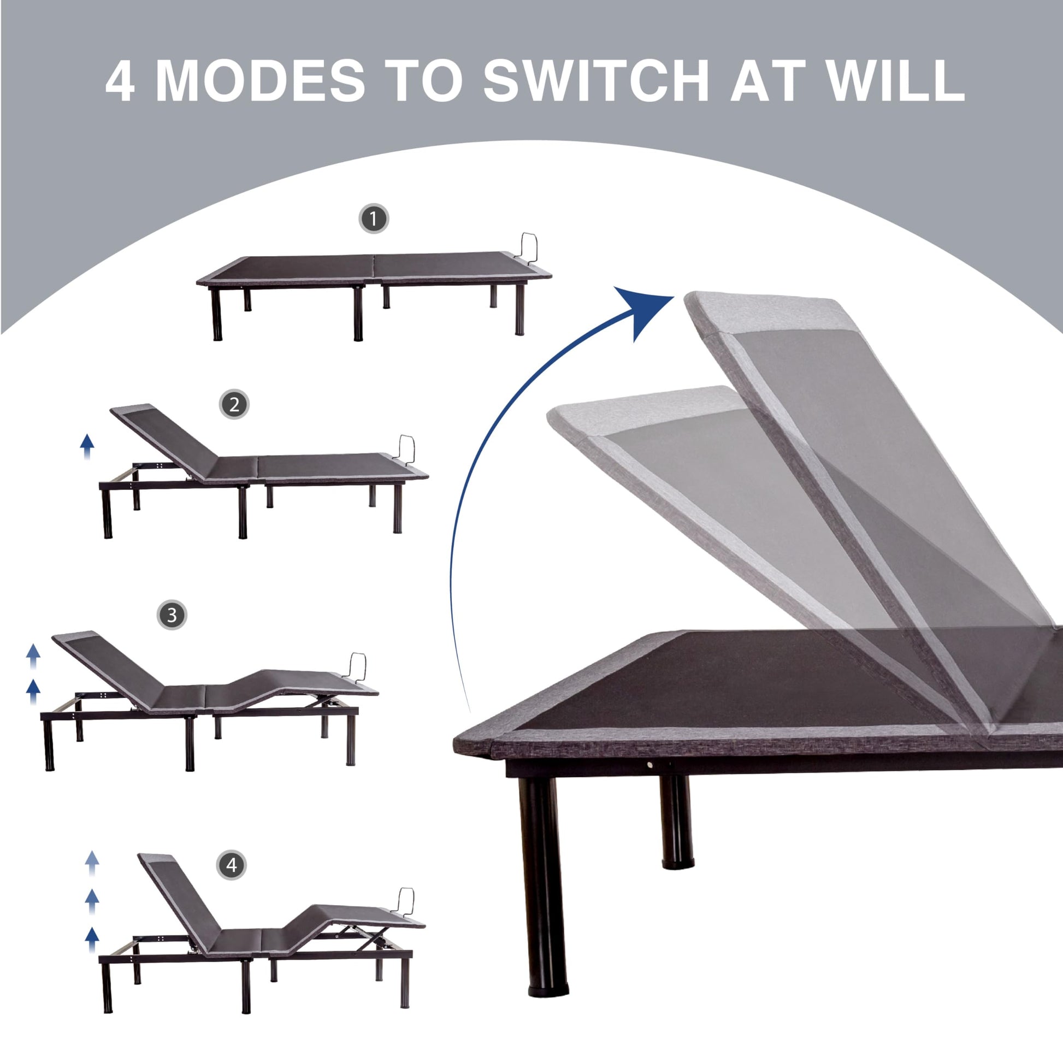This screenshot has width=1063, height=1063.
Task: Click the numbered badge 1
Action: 374,219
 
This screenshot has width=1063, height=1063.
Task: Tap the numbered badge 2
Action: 234,404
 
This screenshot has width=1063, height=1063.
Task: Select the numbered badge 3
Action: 172,615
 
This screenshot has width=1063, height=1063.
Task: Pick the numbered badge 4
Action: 232,865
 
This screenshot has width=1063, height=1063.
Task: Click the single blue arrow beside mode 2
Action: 86,446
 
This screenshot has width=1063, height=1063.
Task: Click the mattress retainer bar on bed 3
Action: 358,668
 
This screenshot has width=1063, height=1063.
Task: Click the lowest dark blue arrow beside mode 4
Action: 92,940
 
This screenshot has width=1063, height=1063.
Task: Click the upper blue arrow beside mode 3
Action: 33,657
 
